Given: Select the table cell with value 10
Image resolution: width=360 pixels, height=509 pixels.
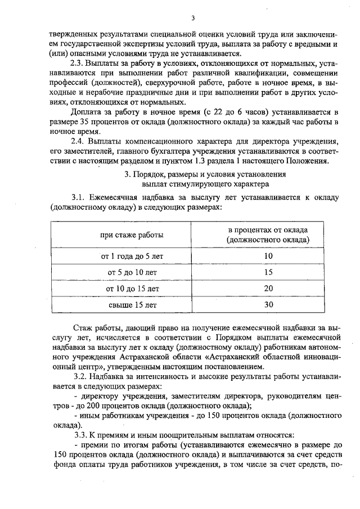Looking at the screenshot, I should click(x=268, y=256).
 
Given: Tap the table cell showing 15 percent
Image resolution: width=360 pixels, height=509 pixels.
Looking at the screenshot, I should click(x=268, y=273).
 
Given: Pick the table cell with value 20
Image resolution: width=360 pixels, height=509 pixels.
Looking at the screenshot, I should click(x=268, y=289).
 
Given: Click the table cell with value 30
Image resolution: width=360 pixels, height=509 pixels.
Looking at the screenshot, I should click(x=268, y=305).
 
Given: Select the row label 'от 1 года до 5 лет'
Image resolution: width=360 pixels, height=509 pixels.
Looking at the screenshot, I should click(x=132, y=256).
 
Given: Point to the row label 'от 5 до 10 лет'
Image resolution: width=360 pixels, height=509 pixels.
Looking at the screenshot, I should click(x=132, y=273).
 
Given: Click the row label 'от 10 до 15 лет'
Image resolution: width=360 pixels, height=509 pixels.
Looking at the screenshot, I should click(x=132, y=289).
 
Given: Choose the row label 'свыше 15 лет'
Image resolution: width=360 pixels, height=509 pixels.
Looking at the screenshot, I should click(x=132, y=305).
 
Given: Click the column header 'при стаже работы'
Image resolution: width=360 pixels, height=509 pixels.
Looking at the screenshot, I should click(x=132, y=235).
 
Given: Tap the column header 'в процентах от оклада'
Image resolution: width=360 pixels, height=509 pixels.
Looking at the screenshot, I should click(x=268, y=230).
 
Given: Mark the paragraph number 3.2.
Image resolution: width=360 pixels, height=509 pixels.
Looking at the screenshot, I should click(x=81, y=376).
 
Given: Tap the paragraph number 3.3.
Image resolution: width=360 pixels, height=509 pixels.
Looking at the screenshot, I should click(x=81, y=435).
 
